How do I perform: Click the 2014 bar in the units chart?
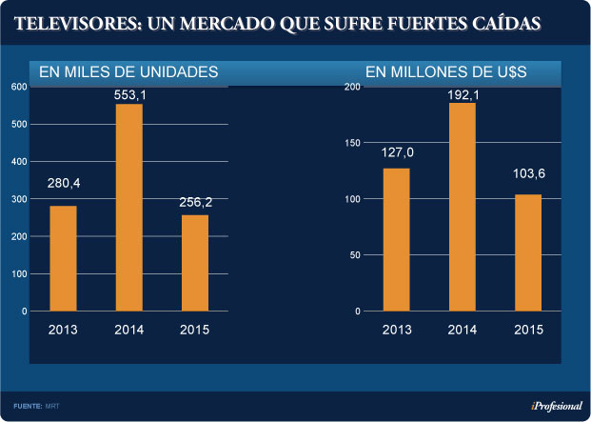coord(128,208)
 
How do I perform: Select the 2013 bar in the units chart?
coord(63,258)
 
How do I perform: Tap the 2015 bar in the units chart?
coord(195,263)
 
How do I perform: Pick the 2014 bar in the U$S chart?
coord(462,207)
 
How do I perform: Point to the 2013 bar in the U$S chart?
coord(396,239)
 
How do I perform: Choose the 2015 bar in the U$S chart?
coord(528,252)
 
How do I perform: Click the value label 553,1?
coord(129,95)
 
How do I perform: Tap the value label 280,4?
coord(64,183)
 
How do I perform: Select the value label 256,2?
coord(195,202)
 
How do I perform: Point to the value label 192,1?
coord(463,94)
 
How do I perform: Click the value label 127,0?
coord(397,151)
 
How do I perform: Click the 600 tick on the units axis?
coord(19,87)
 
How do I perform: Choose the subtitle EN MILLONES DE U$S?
coord(446,71)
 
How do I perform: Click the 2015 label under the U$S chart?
coord(528,330)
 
